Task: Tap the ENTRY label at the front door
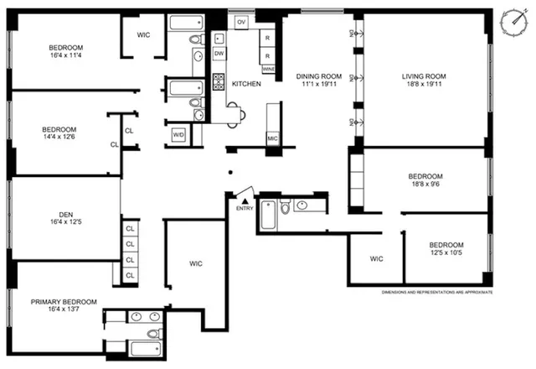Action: click(244, 208)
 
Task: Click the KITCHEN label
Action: click(246, 84)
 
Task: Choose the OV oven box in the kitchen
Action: click(241, 21)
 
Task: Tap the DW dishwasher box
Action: click(219, 54)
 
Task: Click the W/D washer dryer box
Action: click(178, 134)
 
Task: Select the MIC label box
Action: click(273, 138)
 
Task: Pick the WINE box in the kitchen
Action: click(268, 68)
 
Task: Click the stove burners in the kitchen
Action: click(219, 82)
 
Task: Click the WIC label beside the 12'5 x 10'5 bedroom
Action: click(376, 258)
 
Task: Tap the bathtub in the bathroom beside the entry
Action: click(268, 216)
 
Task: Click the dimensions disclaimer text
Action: click(436, 292)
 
